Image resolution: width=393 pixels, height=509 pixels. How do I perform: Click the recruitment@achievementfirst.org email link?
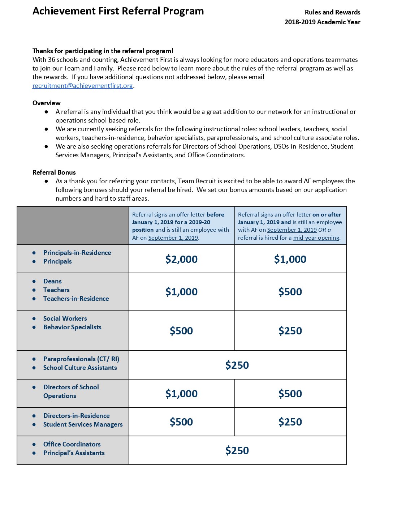click(x=83, y=86)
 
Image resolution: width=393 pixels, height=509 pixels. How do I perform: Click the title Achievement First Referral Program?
click(x=118, y=11)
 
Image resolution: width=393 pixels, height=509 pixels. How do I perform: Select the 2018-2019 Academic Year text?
click(x=322, y=22)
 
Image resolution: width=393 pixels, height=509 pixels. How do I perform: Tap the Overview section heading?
click(x=47, y=103)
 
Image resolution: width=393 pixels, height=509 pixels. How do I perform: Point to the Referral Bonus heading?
click(x=54, y=172)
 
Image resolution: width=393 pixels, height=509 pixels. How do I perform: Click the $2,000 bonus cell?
click(x=181, y=259)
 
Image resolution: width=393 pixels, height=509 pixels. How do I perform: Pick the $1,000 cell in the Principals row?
click(x=290, y=259)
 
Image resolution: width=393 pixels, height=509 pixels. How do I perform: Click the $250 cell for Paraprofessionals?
click(x=237, y=365)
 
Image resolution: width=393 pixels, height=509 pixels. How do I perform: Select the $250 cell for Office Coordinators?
click(x=237, y=450)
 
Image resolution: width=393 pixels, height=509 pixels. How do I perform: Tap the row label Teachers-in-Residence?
click(x=76, y=299)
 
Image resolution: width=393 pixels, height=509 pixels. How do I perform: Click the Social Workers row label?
click(x=65, y=318)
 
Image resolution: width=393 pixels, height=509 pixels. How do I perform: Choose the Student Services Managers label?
click(x=83, y=424)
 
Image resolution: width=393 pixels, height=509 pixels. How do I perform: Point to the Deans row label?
click(x=52, y=281)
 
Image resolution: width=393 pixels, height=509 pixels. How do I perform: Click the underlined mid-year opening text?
click(x=316, y=238)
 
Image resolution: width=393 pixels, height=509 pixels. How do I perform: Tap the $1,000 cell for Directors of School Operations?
click(x=181, y=394)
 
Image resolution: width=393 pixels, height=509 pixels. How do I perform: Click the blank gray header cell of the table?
click(x=73, y=226)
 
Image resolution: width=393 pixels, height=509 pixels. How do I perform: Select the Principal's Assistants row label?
click(x=74, y=453)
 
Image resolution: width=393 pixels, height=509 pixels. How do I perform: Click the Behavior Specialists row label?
click(x=72, y=327)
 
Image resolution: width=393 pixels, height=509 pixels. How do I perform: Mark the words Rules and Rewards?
click(x=332, y=12)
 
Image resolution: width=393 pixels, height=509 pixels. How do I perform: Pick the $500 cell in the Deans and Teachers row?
click(x=290, y=292)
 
